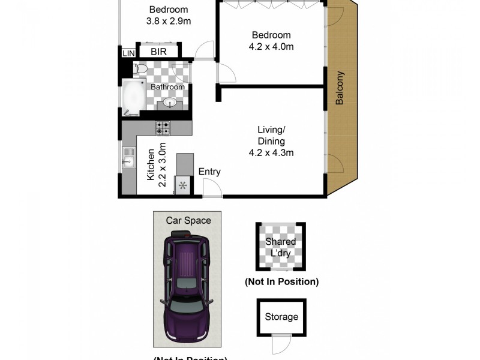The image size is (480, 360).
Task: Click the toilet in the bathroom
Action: [x=140, y=70]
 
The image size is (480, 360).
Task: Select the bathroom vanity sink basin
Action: [x=170, y=104]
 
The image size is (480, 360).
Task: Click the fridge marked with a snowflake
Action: [x=182, y=186]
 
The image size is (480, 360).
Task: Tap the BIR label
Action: [x=158, y=52]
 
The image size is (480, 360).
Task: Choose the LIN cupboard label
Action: [x=128, y=53]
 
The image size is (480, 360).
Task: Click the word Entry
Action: [x=209, y=172]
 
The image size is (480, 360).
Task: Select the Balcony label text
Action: [x=340, y=89]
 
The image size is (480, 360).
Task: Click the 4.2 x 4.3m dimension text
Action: [x=271, y=152]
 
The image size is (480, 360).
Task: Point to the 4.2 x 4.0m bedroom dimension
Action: [x=271, y=47]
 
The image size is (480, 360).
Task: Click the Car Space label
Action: [x=188, y=220]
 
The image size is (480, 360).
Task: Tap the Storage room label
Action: [x=281, y=317]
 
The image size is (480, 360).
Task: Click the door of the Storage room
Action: [x=278, y=344]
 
